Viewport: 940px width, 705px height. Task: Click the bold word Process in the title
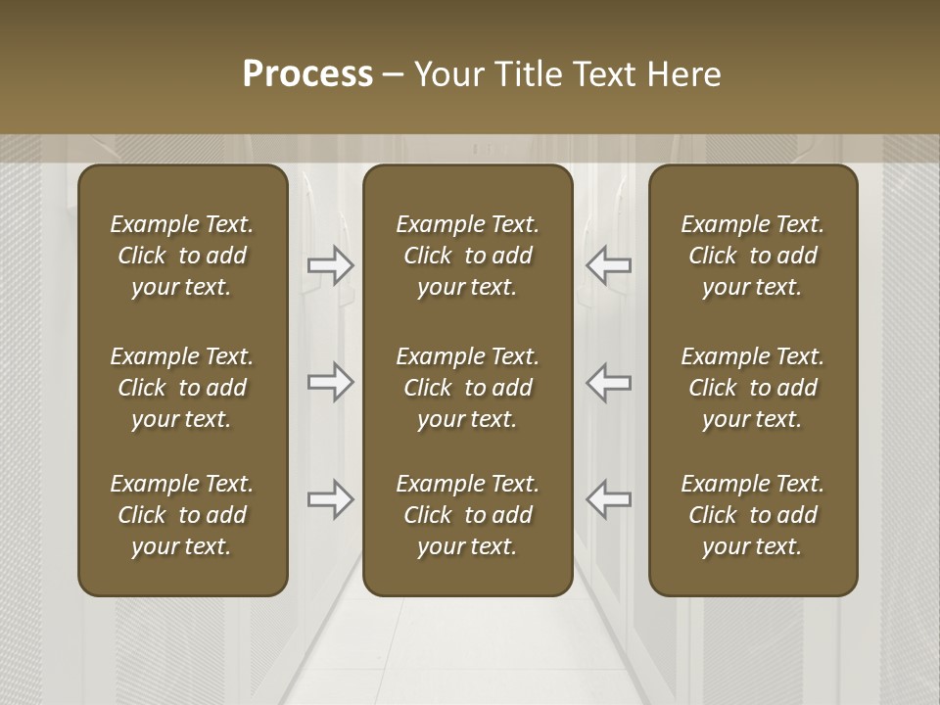[307, 74]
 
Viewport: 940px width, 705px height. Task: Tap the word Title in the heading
[530, 74]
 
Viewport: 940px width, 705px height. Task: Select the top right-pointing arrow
[331, 264]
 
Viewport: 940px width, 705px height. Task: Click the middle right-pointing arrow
[331, 382]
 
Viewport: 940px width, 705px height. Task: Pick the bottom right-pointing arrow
[331, 499]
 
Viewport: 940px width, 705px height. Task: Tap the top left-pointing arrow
[609, 264]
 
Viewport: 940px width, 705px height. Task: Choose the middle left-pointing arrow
[609, 382]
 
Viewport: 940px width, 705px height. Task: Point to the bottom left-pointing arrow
[609, 499]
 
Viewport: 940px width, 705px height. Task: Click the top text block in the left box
[182, 256]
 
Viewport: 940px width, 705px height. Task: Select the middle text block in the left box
[182, 388]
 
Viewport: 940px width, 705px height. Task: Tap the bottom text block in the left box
[182, 515]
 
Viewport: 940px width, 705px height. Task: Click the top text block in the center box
[467, 256]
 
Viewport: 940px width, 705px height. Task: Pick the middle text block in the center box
[467, 388]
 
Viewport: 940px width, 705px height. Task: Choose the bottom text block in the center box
[467, 515]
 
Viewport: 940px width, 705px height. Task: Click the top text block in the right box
[753, 256]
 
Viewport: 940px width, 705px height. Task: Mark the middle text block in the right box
[753, 388]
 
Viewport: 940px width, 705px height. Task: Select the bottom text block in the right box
[753, 515]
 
